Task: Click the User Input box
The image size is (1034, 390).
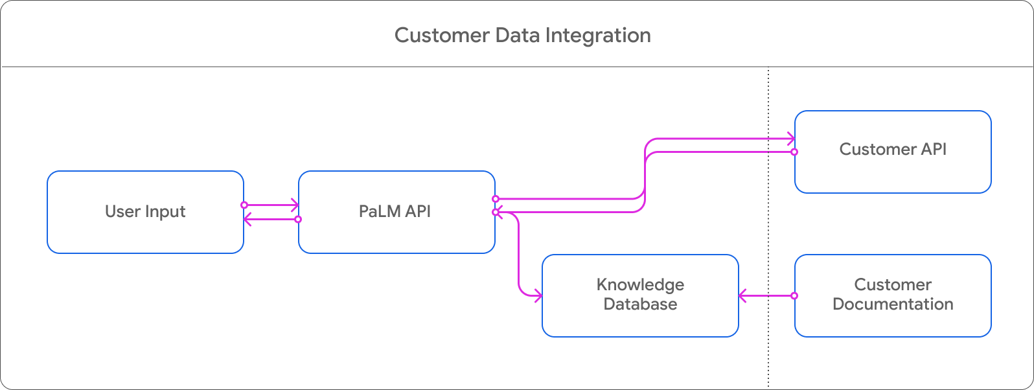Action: (x=145, y=212)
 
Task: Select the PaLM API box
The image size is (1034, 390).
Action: (x=396, y=212)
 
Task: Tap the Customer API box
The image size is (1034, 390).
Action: (x=892, y=152)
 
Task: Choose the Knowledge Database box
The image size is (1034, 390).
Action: (x=639, y=295)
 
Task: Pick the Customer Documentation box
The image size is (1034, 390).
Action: (x=892, y=295)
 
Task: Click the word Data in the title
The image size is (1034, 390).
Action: (x=518, y=36)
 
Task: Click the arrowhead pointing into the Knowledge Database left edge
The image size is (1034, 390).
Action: (x=538, y=296)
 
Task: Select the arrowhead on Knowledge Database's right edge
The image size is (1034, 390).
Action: (x=742, y=296)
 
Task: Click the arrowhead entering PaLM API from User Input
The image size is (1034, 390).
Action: (x=295, y=205)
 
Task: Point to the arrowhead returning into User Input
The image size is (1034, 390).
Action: (x=247, y=220)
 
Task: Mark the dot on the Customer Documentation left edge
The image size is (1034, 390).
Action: (x=794, y=296)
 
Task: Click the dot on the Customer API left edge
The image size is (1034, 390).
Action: (x=794, y=152)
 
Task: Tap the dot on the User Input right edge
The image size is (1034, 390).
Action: (x=244, y=205)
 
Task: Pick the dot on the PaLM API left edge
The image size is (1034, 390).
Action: (x=298, y=220)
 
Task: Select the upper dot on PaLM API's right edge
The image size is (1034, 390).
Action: (x=496, y=199)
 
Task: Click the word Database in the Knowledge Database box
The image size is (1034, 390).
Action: (x=640, y=304)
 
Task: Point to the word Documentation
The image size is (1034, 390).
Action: (x=892, y=304)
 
